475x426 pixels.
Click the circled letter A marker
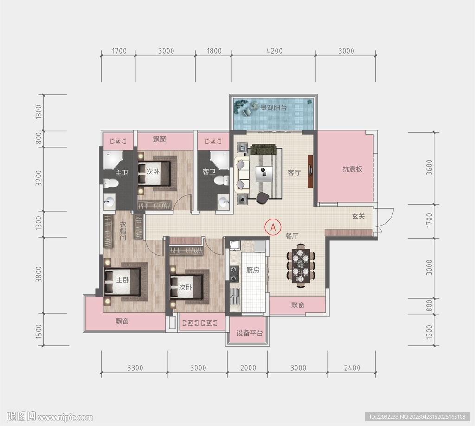click(273, 227)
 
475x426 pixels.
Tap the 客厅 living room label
click(294, 173)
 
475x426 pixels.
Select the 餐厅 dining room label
click(292, 236)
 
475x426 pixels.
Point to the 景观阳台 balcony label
click(274, 108)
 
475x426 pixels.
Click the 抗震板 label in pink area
click(353, 169)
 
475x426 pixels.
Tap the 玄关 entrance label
click(359, 216)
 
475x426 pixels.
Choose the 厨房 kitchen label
click(253, 270)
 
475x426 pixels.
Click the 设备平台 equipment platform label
click(250, 333)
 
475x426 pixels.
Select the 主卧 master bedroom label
click(122, 280)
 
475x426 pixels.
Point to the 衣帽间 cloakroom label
click(122, 231)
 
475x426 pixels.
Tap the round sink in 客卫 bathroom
click(224, 201)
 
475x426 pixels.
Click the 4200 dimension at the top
click(274, 51)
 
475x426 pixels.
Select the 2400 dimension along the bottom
click(352, 368)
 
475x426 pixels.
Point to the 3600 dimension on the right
click(429, 168)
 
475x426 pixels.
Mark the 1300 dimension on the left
click(39, 223)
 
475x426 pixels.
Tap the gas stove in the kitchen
click(234, 273)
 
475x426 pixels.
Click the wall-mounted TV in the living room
click(310, 172)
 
